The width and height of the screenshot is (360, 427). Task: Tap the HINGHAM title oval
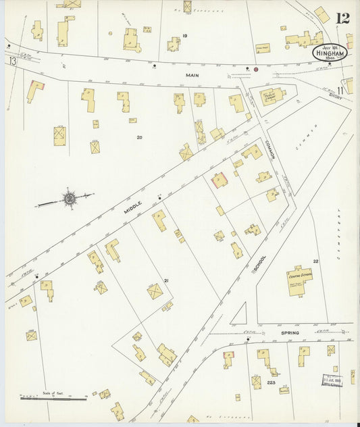tap(330, 53)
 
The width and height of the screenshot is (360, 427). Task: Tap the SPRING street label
tap(289, 333)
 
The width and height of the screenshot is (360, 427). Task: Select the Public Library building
tap(273, 96)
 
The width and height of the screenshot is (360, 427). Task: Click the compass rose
tap(69, 199)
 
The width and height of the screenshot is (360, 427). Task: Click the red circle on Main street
tap(256, 69)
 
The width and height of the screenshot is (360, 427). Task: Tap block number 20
tap(139, 137)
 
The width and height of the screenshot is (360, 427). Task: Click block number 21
tap(165, 280)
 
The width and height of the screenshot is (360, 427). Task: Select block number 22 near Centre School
tap(315, 261)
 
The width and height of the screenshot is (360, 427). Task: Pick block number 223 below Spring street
tap(272, 382)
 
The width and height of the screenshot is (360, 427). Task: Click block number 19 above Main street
tap(184, 35)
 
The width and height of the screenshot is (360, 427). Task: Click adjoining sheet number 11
tap(341, 90)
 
